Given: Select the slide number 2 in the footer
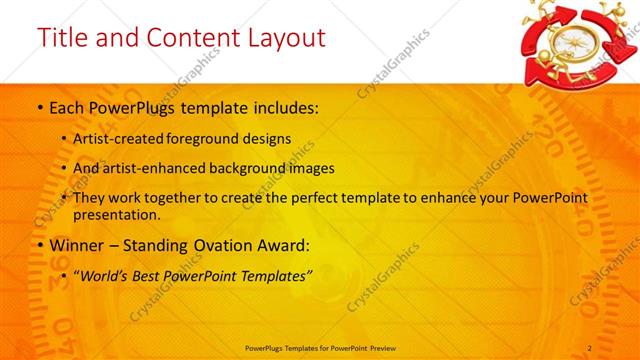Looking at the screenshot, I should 590,347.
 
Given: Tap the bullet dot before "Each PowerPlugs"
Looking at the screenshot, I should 39,106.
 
